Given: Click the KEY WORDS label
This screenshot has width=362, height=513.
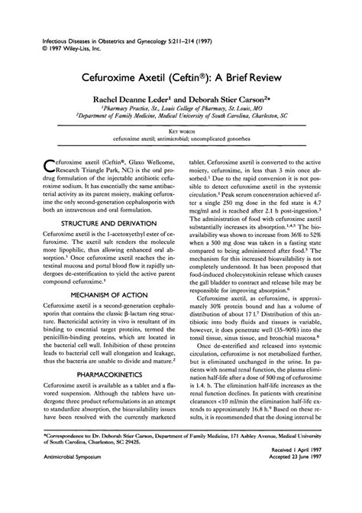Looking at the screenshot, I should click(180, 132).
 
